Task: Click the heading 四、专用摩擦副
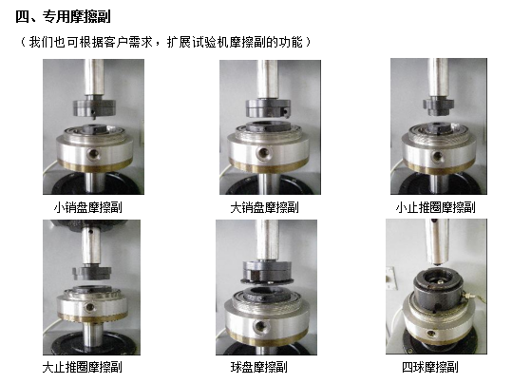pos(63,16)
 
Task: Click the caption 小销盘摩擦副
pos(87,207)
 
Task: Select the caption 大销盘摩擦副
pos(264,207)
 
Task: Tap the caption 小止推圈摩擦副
pos(435,207)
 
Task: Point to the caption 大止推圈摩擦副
pos(82,368)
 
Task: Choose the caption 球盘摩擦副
pos(259,368)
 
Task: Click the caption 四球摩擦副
pos(430,368)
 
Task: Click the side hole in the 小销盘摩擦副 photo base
pos(92,154)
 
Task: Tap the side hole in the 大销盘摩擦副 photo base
pos(262,152)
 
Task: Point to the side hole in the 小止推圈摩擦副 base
pos(438,156)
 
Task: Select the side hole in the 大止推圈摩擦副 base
pos(89,307)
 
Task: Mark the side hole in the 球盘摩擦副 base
pos(259,326)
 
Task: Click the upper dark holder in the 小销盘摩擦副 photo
pos(95,107)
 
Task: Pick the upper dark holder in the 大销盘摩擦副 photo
pos(268,108)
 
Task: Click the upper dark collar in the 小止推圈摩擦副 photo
pos(438,106)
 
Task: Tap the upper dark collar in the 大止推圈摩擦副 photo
pos(92,273)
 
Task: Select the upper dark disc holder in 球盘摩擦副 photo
pos(267,272)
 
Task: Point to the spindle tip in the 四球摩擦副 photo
pos(437,263)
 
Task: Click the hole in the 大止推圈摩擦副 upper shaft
pos(90,232)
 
